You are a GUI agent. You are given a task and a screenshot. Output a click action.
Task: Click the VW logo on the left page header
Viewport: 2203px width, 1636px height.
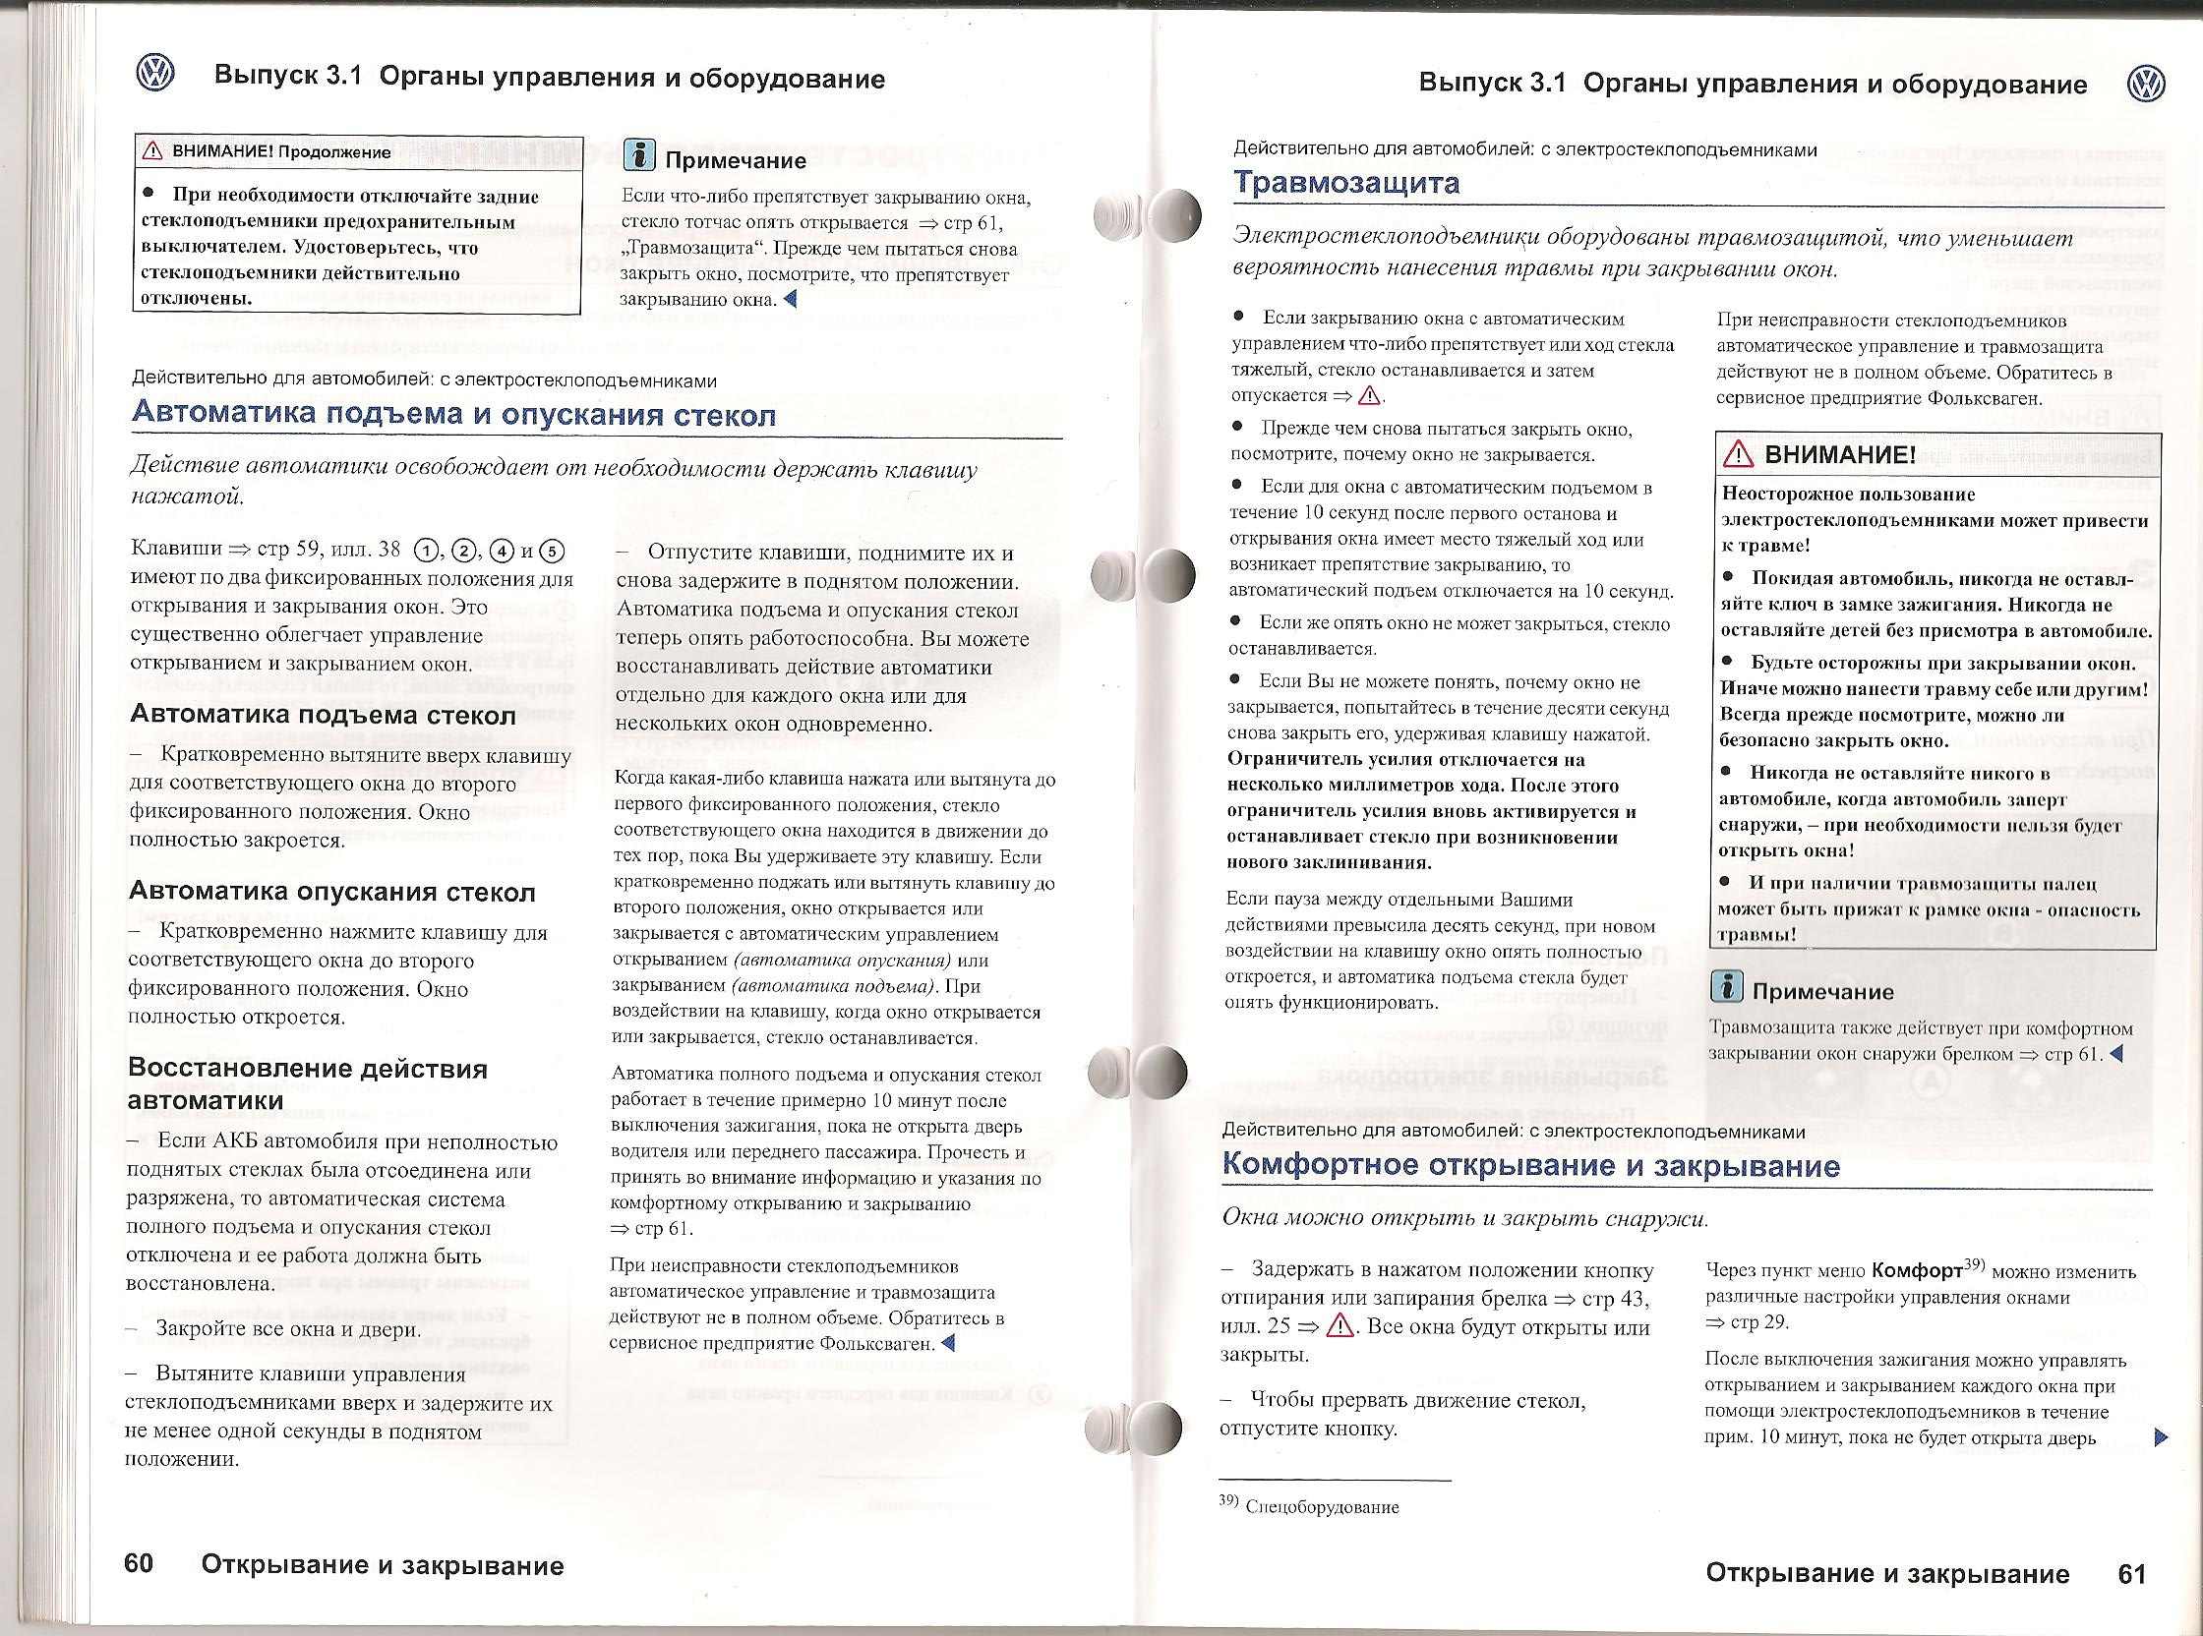(x=155, y=76)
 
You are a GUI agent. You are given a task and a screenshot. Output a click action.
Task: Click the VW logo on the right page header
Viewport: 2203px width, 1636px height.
(x=2146, y=85)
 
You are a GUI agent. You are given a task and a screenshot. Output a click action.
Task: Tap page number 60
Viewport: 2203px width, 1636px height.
(x=140, y=1563)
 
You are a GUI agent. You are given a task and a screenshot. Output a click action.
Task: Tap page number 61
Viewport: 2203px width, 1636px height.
(x=2131, y=1574)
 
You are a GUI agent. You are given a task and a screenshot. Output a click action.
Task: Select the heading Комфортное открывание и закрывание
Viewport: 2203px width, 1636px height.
(x=1530, y=1165)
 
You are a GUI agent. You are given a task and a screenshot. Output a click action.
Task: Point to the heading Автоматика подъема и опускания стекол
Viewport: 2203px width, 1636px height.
(x=453, y=414)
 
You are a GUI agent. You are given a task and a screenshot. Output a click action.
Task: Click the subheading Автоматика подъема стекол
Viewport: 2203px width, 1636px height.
(x=323, y=715)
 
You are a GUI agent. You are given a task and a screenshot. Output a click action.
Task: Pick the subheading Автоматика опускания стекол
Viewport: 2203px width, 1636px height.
(x=331, y=893)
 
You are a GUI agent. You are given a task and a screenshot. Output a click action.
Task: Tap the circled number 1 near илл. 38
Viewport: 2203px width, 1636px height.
(x=426, y=552)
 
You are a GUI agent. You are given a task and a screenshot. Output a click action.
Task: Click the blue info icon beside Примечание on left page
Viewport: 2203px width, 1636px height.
(x=639, y=156)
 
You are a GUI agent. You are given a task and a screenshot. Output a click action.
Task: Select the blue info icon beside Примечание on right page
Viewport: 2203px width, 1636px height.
(x=1727, y=986)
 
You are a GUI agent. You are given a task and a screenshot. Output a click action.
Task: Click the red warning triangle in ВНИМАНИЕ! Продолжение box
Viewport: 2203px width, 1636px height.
(x=152, y=151)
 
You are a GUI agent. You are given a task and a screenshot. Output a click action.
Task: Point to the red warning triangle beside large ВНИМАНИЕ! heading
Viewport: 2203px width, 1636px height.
(x=1739, y=455)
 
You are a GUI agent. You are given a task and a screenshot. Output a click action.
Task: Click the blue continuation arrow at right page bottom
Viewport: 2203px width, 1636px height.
(x=2161, y=1437)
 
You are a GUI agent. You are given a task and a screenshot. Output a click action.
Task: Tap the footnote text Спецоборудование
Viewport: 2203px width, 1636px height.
(x=1322, y=1507)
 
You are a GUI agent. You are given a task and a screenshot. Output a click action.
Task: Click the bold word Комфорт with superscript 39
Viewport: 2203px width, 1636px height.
(x=1918, y=1270)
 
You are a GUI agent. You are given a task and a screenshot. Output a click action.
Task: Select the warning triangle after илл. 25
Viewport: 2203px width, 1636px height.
(x=1340, y=1326)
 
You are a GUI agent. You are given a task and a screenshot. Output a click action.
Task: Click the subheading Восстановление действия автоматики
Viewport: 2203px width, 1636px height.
(x=308, y=1084)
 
